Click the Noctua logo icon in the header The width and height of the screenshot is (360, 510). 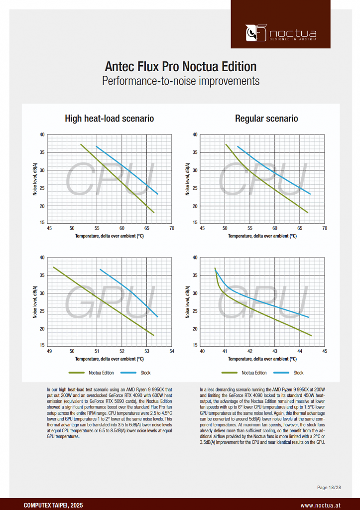(x=256, y=33)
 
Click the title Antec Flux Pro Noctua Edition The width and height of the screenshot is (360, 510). (x=180, y=66)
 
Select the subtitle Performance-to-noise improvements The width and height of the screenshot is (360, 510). (x=180, y=81)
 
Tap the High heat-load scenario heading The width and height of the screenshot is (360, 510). (x=109, y=118)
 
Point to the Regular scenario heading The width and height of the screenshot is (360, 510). (x=266, y=118)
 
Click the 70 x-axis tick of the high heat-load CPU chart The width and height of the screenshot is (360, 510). (x=172, y=228)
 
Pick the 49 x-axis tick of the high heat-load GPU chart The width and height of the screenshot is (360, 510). (x=49, y=351)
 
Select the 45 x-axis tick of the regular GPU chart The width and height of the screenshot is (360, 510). (x=325, y=351)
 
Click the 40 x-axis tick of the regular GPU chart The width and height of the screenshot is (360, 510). (x=202, y=351)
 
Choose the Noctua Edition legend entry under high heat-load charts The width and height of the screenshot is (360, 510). (x=91, y=373)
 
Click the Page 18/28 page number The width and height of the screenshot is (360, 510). (x=329, y=487)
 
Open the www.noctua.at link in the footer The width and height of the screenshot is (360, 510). (x=321, y=506)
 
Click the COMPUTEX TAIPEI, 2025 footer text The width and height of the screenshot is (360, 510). (x=53, y=506)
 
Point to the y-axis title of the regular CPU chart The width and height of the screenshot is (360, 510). (x=187, y=179)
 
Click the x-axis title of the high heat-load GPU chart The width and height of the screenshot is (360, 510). (x=109, y=359)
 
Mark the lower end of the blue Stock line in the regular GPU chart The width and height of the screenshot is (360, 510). (x=308, y=317)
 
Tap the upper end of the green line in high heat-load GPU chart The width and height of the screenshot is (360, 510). (x=54, y=267)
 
